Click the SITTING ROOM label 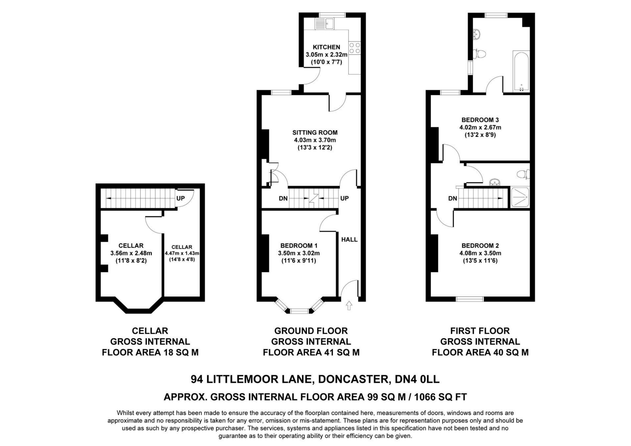click(315, 133)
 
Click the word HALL click(349, 239)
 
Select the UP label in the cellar click(180, 198)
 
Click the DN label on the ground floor click(283, 198)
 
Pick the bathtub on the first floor click(521, 71)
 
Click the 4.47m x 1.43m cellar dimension click(182, 253)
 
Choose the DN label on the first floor click(453, 198)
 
